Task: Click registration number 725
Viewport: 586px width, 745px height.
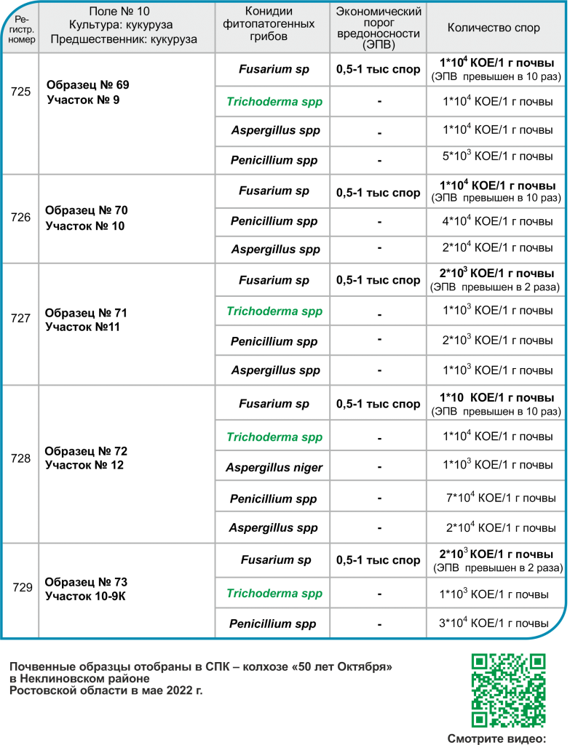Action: coord(22,92)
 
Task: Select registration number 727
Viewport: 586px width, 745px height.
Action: coord(22,319)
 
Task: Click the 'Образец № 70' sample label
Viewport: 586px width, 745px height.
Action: coord(87,210)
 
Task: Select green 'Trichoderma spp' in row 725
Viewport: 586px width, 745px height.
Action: coord(274,102)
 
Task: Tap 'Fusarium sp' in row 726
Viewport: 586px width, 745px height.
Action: coord(274,191)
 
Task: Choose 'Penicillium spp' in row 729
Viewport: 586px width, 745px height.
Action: coord(274,624)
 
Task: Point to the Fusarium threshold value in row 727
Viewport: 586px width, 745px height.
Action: coord(378,279)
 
